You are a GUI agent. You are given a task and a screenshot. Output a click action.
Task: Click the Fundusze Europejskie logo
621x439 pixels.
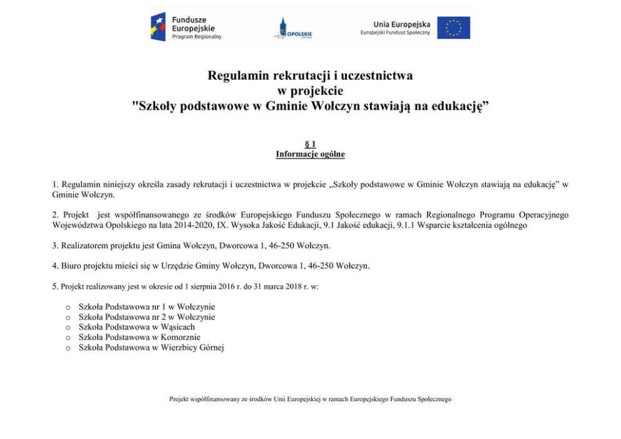pos(186,28)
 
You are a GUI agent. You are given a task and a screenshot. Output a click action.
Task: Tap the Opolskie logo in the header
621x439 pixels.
pos(292,29)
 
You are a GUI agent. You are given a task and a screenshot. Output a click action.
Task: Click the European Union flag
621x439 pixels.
pos(453,28)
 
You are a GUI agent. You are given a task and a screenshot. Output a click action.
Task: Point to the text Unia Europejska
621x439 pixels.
pos(401,24)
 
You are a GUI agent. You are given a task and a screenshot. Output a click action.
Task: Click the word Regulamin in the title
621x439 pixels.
pos(239,76)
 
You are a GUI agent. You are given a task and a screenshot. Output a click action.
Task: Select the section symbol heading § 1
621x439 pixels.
pos(310,144)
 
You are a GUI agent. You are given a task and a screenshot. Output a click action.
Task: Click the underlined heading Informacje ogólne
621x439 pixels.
pos(310,154)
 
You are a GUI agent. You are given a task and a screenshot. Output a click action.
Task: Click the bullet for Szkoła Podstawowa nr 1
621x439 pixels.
pos(67,307)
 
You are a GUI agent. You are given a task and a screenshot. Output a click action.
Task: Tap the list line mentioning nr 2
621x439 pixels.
pos(146,317)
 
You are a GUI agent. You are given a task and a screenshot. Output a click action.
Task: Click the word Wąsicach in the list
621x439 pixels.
pos(178,327)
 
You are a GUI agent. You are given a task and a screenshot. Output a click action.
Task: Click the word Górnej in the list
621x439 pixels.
pos(210,347)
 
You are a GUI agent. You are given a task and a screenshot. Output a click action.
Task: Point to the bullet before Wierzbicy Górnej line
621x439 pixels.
pos(67,348)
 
